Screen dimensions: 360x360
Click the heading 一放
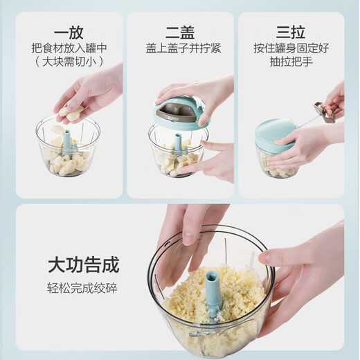coord(67,33)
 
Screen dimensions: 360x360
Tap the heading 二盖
coord(179,33)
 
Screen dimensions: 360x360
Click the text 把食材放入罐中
coord(67,49)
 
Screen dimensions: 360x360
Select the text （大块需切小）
coord(67,62)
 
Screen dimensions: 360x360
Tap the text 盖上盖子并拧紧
coord(179,49)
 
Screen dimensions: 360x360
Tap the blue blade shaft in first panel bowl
coord(68,143)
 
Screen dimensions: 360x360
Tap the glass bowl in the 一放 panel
coord(68,152)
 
